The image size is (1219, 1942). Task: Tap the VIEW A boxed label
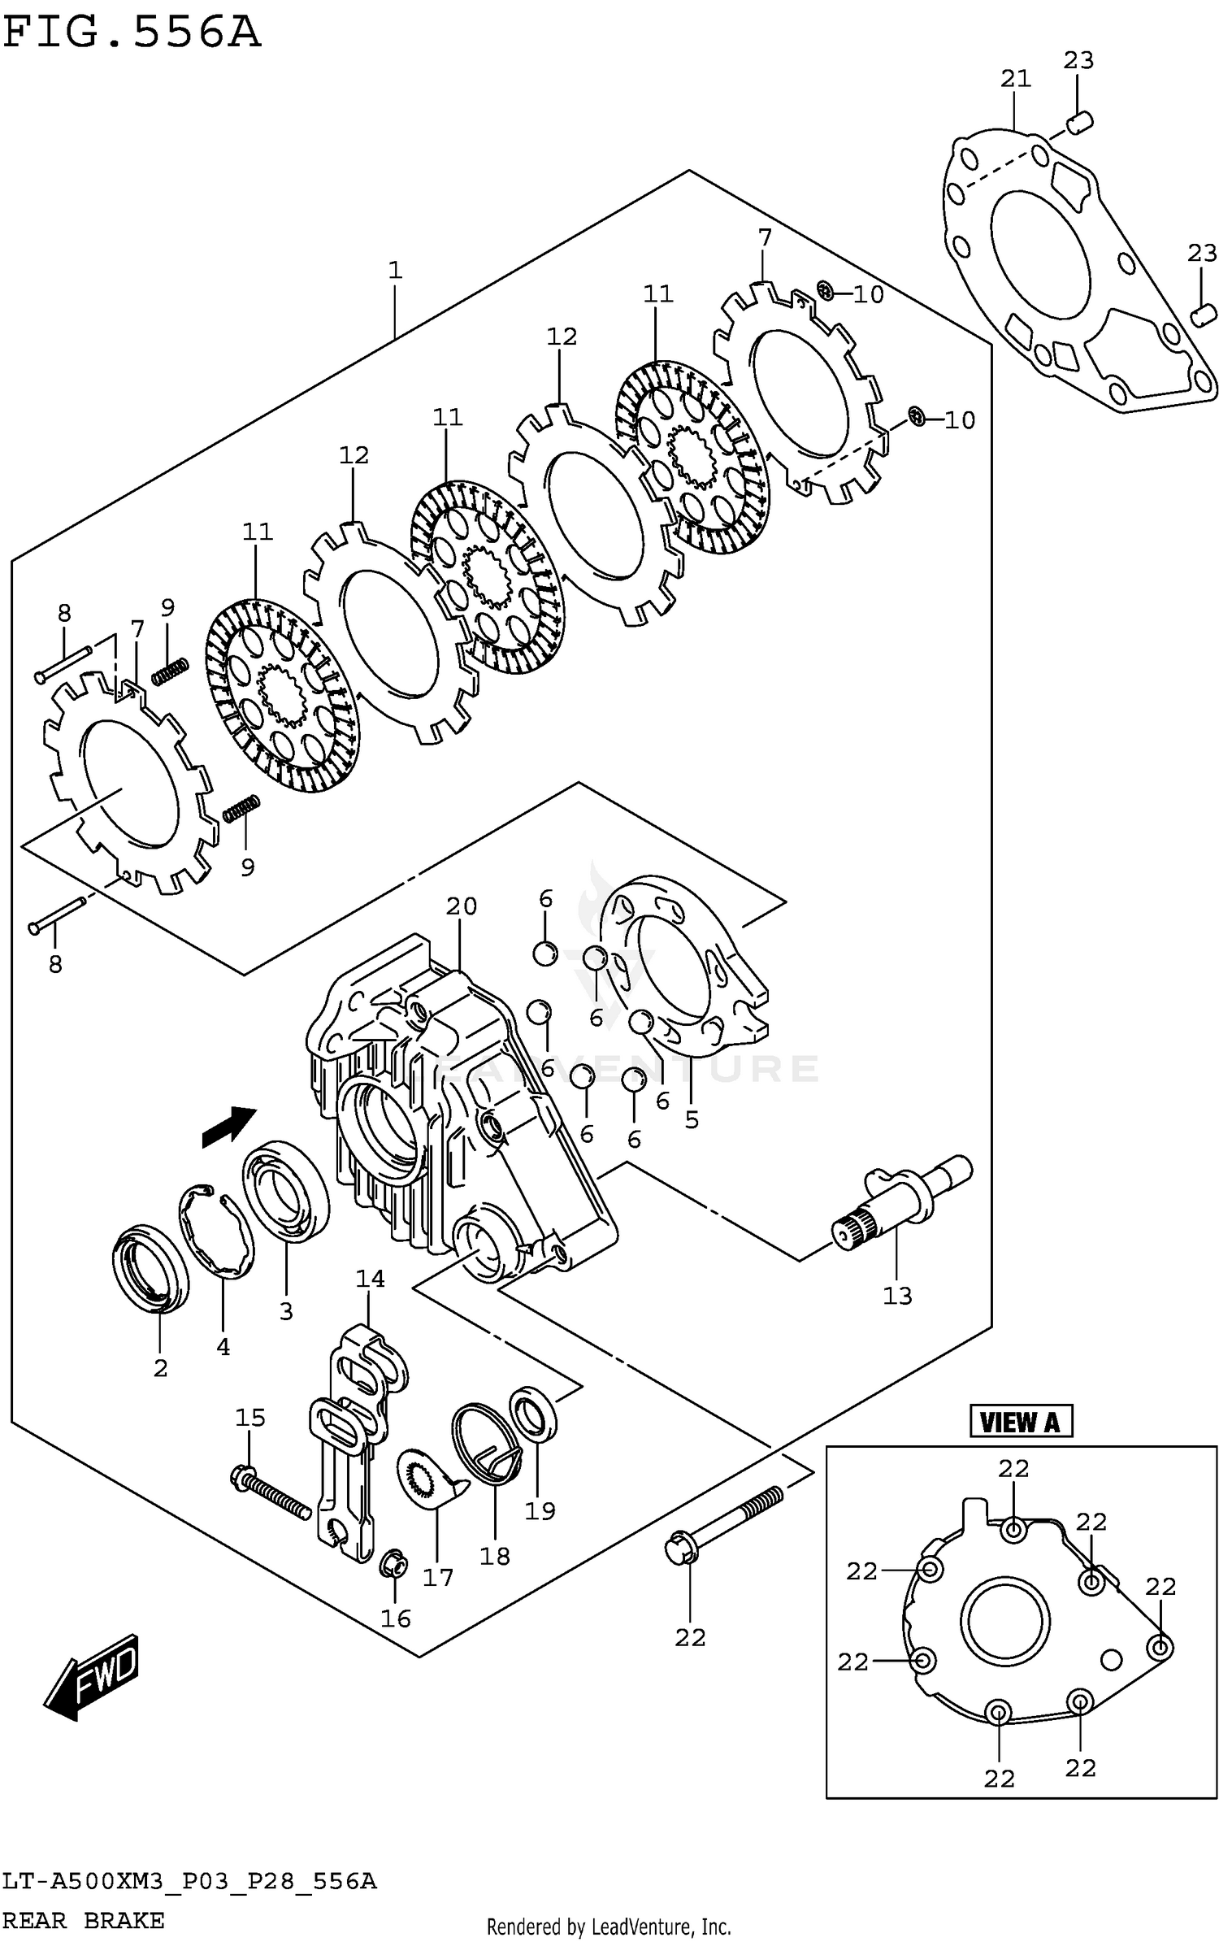point(1020,1422)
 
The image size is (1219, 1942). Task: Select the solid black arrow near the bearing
point(229,1127)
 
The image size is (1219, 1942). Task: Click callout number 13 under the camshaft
point(897,1296)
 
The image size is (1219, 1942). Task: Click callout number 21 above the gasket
point(1015,79)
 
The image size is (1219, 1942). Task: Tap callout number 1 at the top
point(395,270)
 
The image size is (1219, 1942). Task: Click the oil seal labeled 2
point(150,1272)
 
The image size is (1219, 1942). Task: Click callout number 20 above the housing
point(461,906)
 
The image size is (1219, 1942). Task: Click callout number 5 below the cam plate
point(691,1120)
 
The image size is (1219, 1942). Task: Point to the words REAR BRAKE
point(83,1920)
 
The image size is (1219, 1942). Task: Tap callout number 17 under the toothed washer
point(437,1578)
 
